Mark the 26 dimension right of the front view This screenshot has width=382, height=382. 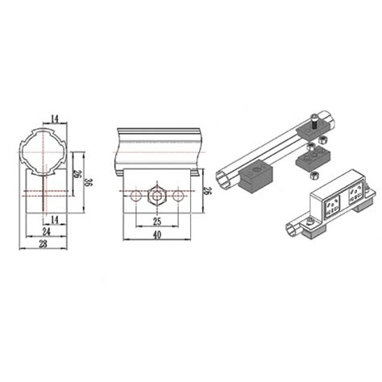tap(208, 191)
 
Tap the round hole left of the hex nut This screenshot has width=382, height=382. tap(135, 195)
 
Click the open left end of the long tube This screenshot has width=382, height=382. tap(226, 177)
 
